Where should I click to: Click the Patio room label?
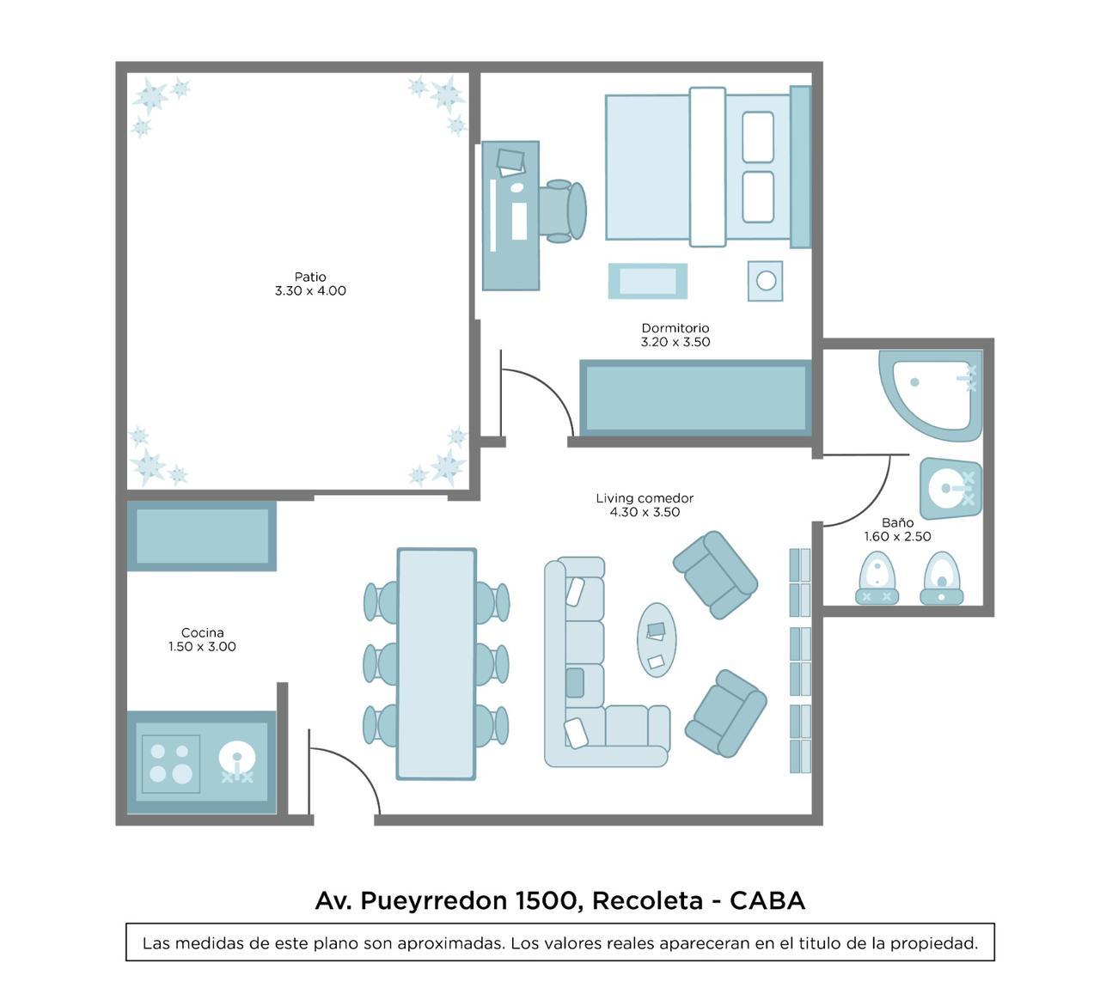(310, 277)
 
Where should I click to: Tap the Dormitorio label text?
(675, 328)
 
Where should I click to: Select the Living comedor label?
(645, 498)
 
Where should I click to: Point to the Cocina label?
(202, 632)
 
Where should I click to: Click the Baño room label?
(898, 522)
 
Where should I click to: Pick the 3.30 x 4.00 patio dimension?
(310, 291)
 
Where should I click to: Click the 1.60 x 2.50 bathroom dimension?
(898, 537)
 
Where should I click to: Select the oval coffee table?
(657, 640)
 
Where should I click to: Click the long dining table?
(436, 664)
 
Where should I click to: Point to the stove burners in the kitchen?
(170, 764)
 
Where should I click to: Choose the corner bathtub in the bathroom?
(930, 394)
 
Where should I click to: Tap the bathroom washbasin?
(950, 489)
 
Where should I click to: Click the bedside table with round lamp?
(765, 281)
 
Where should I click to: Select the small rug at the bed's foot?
(648, 281)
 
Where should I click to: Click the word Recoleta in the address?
(647, 900)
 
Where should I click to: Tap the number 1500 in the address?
(546, 900)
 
